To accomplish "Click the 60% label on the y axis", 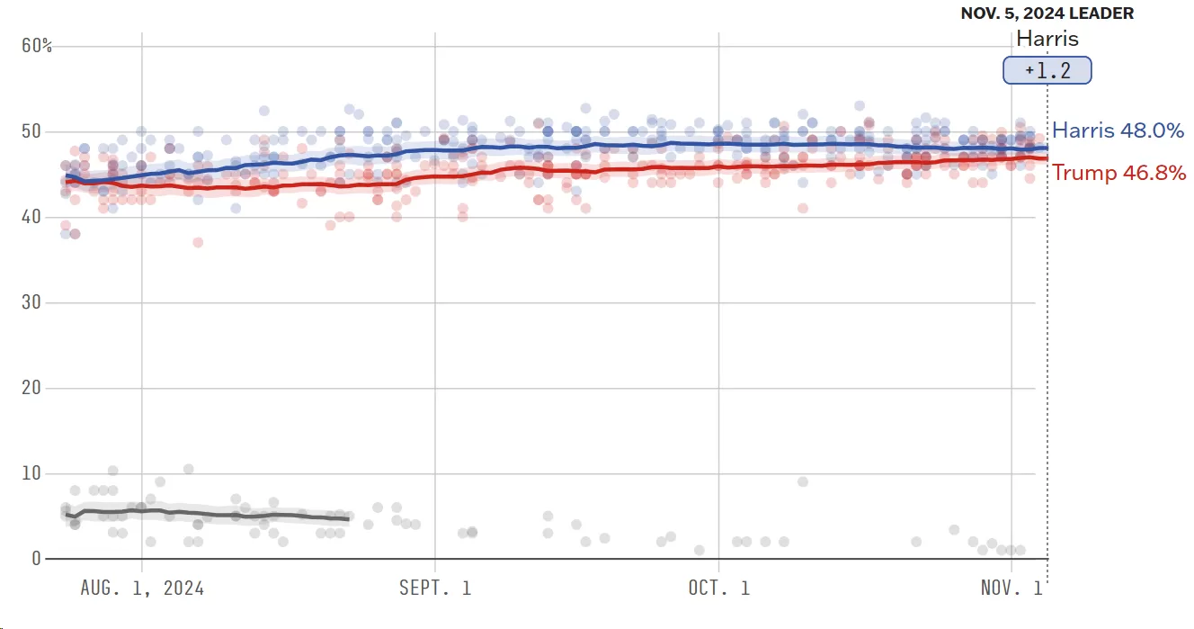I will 37,46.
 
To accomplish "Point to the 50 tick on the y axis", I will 32,131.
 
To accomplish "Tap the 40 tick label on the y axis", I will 32,217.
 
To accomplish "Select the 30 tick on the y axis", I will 32,302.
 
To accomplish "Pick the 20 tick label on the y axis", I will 32,388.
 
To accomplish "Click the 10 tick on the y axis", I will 32,473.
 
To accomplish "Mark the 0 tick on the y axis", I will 37,559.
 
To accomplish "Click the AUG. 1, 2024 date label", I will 142,589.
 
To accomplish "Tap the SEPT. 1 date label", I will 435,589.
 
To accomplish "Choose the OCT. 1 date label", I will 719,589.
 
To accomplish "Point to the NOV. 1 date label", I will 1011,589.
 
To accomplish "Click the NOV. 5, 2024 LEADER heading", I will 1047,13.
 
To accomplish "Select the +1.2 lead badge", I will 1047,71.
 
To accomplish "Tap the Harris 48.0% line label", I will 1118,130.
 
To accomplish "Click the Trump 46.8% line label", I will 1119,173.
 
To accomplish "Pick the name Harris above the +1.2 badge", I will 1047,39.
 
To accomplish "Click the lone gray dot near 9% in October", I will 803,481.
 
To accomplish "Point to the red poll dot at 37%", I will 198,242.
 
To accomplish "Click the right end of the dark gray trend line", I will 347,519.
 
